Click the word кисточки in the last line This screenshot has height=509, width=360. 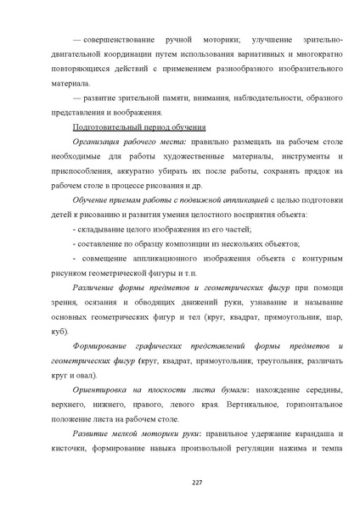coord(76,450)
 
